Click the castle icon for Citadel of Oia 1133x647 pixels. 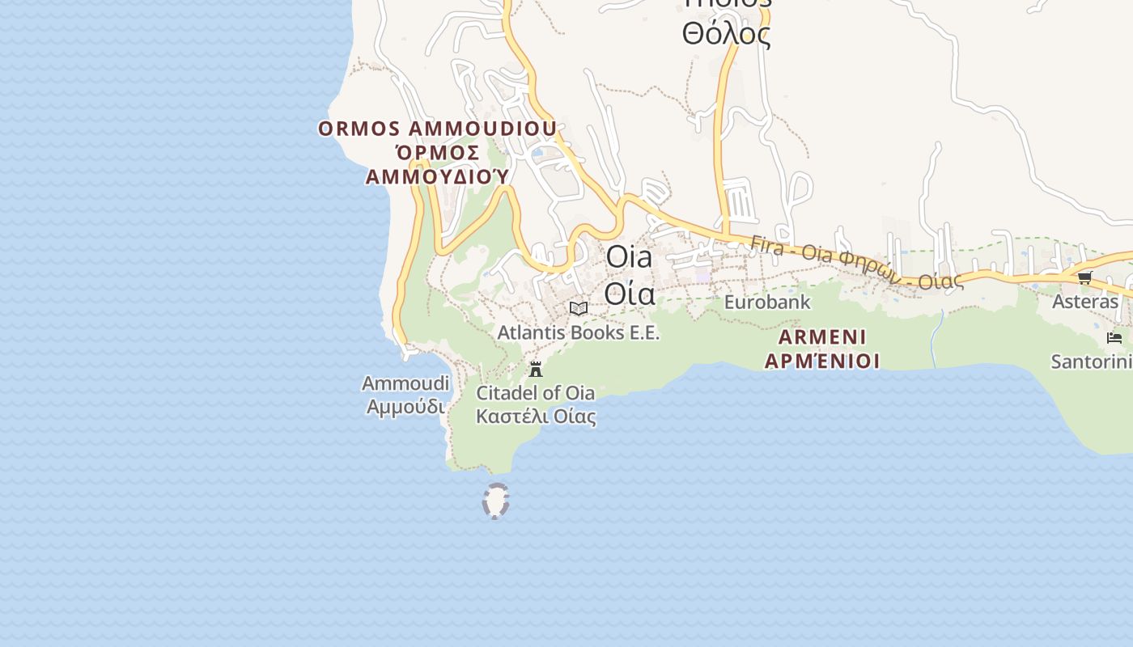535,370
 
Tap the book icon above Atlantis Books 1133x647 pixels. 579,308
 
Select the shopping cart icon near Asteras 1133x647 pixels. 1084,278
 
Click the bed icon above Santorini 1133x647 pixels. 1114,337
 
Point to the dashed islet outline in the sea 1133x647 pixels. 495,501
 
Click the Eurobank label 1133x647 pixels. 767,302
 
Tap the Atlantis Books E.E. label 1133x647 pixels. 579,332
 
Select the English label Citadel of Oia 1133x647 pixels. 535,393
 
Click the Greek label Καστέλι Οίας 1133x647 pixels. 536,417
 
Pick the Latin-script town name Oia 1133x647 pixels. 629,257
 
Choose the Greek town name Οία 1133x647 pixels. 629,293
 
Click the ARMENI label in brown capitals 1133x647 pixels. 822,336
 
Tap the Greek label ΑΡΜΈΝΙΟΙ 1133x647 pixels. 822,361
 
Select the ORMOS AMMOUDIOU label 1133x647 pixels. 437,129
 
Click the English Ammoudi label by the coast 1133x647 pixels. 405,383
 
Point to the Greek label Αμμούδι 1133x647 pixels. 405,406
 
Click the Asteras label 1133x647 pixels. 1084,302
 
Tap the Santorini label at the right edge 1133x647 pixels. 1091,362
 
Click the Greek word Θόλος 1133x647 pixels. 726,35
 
